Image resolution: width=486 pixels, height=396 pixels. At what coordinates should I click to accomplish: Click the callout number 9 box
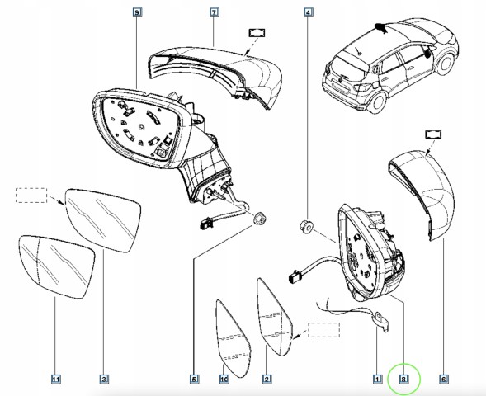tap(137, 12)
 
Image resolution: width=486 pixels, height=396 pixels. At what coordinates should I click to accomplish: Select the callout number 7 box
tap(215, 12)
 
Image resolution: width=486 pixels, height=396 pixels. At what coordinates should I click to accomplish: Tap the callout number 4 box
tap(308, 12)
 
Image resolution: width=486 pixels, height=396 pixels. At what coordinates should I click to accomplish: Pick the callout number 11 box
tap(56, 379)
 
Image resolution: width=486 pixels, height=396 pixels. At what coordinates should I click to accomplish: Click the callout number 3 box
tap(104, 379)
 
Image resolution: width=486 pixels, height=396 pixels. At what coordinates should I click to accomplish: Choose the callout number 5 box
tap(195, 379)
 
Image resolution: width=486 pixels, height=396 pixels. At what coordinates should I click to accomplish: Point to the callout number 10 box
tap(224, 379)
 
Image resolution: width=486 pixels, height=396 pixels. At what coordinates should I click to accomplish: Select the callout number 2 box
tap(267, 379)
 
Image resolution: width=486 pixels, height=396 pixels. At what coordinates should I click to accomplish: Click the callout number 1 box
tap(377, 379)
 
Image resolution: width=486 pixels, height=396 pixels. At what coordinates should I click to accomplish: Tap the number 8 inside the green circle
tap(403, 379)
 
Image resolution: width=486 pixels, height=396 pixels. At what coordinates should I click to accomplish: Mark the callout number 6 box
tap(444, 379)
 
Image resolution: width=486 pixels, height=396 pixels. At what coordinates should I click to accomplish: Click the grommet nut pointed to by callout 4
tap(306, 226)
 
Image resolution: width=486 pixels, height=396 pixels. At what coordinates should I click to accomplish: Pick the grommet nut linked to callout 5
tap(260, 219)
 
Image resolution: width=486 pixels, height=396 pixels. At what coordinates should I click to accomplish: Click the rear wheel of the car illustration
tap(377, 101)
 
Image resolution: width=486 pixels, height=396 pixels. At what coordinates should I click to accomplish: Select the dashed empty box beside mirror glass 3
tap(31, 196)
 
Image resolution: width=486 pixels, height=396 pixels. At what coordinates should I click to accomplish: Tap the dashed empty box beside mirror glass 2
tap(324, 330)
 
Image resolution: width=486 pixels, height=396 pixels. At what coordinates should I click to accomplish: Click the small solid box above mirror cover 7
tap(257, 33)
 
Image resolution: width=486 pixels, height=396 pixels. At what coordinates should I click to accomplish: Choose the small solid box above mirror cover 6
tap(433, 134)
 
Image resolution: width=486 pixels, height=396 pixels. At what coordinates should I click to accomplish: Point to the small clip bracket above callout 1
tap(381, 321)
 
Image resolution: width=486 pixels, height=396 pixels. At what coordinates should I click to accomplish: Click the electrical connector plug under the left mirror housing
tap(206, 223)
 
